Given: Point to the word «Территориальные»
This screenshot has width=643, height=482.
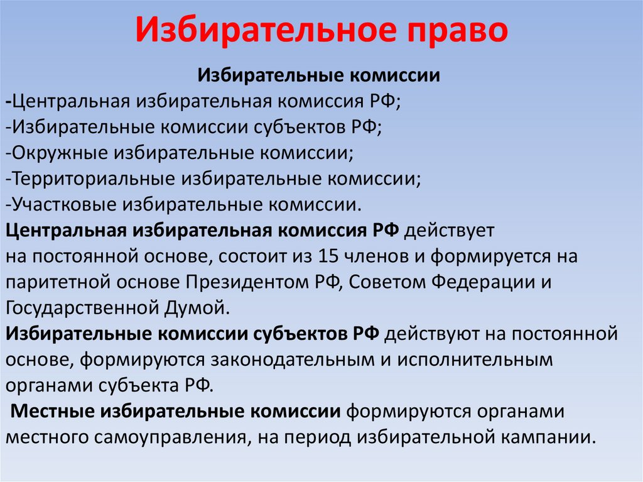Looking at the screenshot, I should click(92, 178).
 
